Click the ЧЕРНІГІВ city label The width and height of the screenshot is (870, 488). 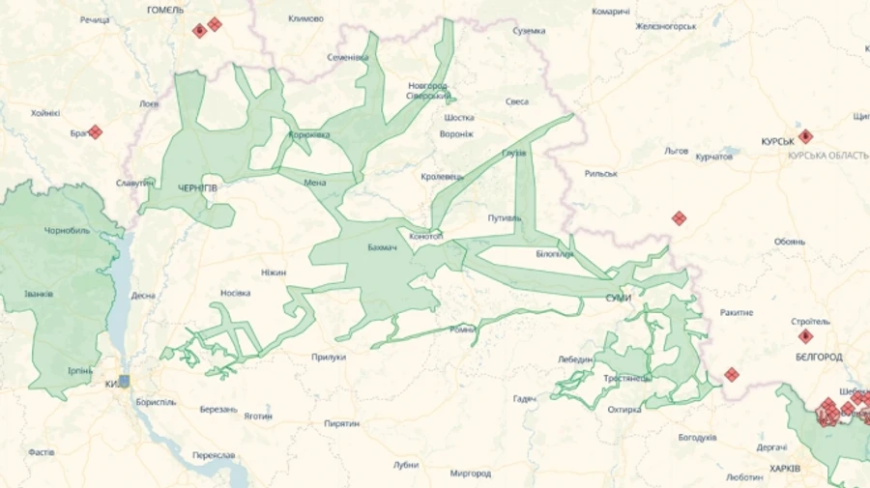(197, 187)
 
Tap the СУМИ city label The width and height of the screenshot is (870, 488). (618, 298)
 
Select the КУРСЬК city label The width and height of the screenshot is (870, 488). (777, 140)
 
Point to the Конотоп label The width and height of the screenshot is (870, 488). (425, 235)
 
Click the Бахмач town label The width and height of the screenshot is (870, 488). (383, 246)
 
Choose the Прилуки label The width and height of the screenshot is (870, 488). (329, 357)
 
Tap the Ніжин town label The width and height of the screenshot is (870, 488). (274, 273)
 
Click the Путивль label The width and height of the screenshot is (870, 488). (504, 217)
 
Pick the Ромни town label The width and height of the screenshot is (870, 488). (461, 330)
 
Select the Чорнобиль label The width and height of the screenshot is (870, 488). (67, 232)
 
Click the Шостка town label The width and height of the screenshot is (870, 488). (458, 118)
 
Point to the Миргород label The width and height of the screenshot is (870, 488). (471, 474)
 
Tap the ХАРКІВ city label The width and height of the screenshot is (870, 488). (785, 469)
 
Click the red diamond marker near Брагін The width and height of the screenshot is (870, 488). (95, 131)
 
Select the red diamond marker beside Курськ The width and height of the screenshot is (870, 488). (805, 136)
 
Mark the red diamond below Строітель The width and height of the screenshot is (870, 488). (805, 336)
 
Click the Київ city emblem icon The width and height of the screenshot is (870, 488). (123, 382)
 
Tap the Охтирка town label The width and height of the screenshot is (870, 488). (624, 410)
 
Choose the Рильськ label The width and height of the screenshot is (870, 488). (601, 174)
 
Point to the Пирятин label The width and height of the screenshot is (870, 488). (342, 423)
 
